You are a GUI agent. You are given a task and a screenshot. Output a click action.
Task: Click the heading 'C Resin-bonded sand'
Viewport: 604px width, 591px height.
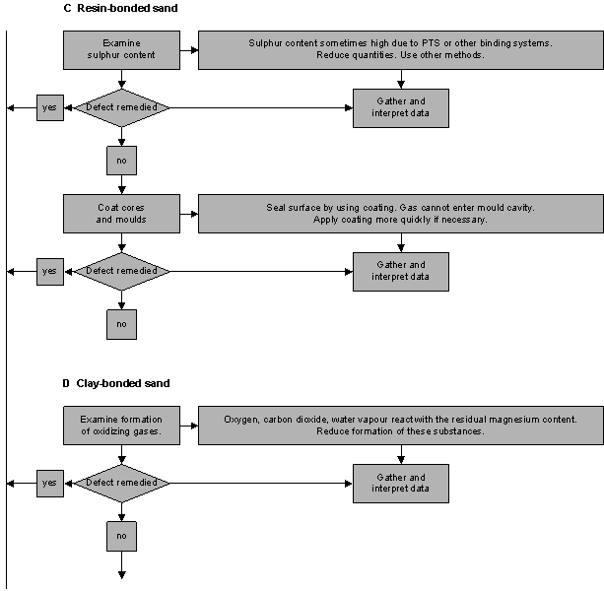point(120,8)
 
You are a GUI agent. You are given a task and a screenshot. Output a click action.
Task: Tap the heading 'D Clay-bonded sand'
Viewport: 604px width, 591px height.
point(116,383)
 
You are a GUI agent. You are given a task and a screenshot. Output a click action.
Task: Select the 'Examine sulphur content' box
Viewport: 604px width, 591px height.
point(121,50)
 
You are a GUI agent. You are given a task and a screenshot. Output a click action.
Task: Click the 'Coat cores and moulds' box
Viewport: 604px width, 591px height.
point(121,214)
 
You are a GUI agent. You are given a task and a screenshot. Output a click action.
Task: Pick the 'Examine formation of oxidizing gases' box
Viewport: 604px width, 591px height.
point(121,426)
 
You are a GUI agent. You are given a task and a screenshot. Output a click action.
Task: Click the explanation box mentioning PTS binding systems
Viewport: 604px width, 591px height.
point(401,50)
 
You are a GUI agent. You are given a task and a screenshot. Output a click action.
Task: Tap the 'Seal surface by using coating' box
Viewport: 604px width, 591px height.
point(401,214)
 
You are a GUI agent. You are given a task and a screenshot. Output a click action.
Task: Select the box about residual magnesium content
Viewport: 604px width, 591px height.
point(401,426)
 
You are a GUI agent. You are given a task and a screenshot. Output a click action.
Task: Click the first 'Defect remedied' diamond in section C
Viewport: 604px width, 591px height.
point(122,107)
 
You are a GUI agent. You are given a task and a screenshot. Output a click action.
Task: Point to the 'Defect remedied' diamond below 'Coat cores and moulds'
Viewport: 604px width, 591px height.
point(122,272)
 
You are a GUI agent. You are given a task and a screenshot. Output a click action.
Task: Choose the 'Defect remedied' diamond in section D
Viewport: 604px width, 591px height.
point(122,484)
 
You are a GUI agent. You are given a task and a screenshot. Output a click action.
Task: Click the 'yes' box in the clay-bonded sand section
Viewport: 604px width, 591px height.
point(50,484)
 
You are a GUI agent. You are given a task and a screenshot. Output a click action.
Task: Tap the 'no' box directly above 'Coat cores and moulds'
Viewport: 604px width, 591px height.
point(122,161)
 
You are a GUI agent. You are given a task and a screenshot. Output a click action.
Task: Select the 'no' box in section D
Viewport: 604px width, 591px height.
point(122,536)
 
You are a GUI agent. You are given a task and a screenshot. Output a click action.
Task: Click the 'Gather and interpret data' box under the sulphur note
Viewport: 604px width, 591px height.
point(401,108)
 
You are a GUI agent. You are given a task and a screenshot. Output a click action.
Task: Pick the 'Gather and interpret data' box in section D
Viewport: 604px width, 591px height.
point(401,484)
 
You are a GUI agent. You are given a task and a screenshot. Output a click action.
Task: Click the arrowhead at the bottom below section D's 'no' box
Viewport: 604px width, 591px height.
point(122,575)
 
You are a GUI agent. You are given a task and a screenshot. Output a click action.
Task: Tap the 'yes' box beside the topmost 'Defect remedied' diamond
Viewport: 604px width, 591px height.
point(50,107)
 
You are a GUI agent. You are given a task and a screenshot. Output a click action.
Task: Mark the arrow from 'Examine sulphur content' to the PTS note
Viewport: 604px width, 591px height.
point(189,50)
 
